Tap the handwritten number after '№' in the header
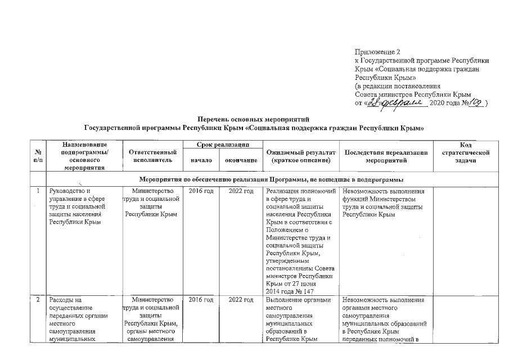click(475, 103)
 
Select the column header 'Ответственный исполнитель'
click(152, 156)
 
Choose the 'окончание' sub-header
click(241, 160)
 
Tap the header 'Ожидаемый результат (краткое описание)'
click(299, 156)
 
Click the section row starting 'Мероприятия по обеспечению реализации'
click(271, 179)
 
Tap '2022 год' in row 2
click(241, 300)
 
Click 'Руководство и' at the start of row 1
click(70, 191)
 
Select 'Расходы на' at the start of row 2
click(66, 300)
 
